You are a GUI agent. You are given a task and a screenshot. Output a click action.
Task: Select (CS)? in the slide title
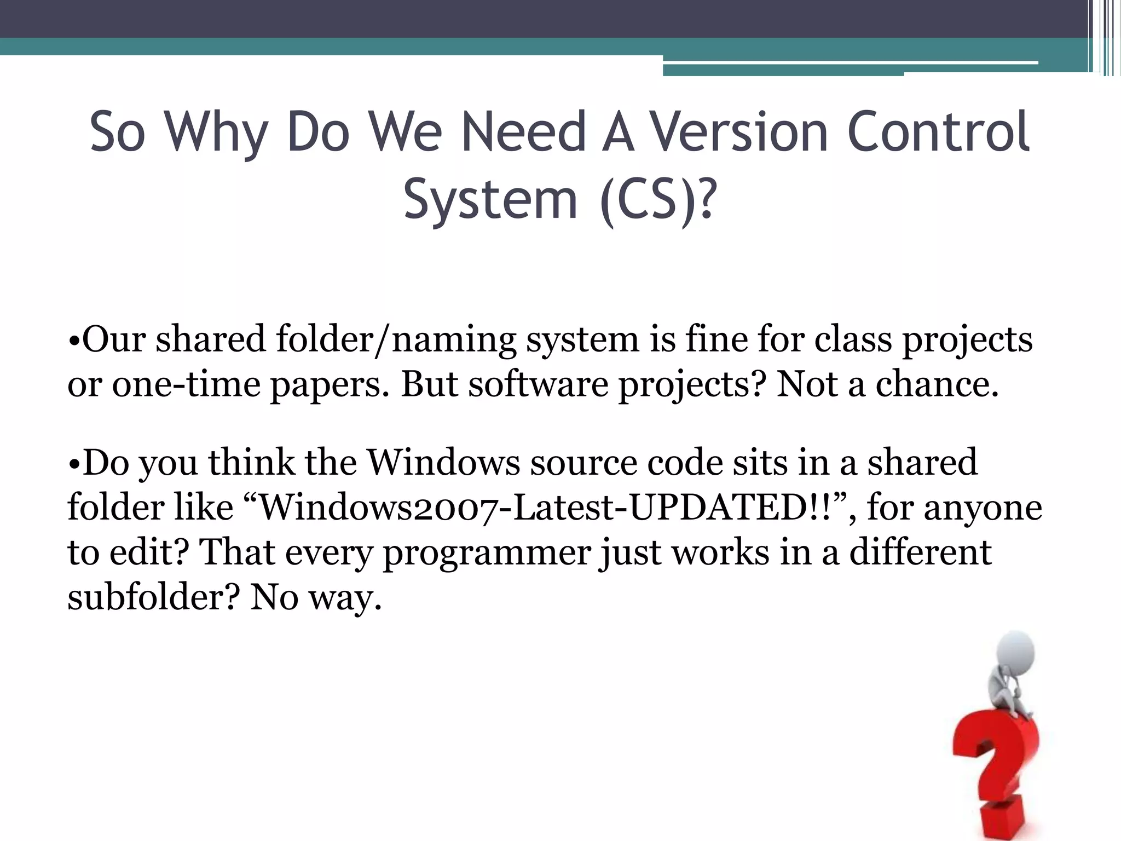coord(657,198)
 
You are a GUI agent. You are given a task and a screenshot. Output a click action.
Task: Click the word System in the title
coord(490,198)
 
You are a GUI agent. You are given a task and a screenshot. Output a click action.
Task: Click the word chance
coord(937,384)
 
